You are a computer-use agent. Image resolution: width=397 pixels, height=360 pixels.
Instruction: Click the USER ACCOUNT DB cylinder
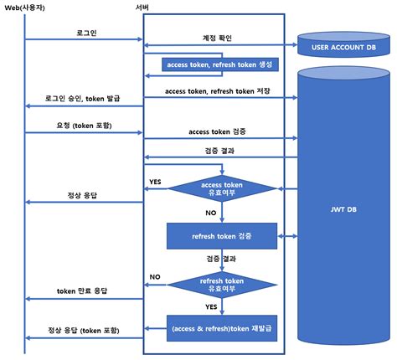344,47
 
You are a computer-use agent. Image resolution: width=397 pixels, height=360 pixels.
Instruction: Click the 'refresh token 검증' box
221,236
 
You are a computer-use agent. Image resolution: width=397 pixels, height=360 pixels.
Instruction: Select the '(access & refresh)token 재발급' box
221,327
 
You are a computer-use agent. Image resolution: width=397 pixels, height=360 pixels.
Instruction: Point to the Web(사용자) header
26,7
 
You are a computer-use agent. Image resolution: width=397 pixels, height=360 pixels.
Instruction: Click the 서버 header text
142,7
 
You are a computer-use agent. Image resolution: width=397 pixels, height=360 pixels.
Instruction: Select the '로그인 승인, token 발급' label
82,98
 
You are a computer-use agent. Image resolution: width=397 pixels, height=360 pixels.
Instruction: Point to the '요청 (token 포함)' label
82,125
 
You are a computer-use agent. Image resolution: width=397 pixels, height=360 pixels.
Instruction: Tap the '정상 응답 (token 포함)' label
82,331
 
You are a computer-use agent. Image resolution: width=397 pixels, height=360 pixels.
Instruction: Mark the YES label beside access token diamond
155,181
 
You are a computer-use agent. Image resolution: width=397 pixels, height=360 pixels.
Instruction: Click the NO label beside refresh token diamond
155,275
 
